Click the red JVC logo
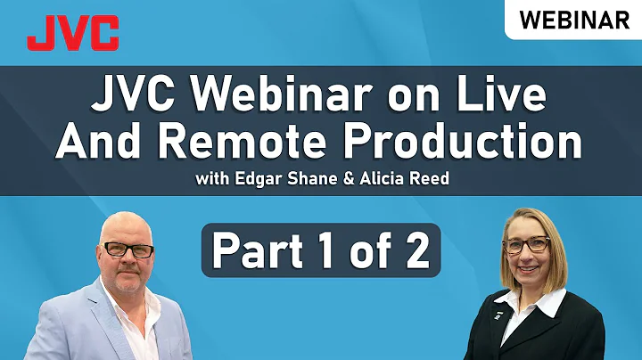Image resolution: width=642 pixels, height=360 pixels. (x=72, y=33)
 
